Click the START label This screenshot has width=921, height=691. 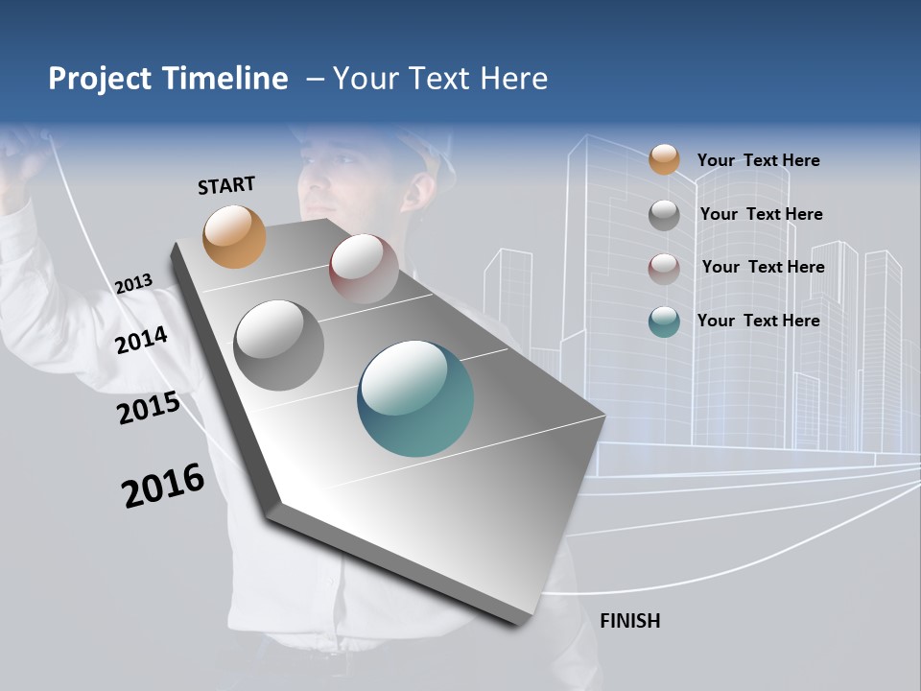click(226, 185)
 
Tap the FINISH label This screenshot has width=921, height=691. click(629, 621)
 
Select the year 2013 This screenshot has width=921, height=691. click(133, 283)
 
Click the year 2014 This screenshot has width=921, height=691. click(141, 340)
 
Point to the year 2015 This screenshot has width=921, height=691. click(148, 408)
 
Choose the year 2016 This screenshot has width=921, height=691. click(163, 486)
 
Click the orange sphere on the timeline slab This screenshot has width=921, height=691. click(234, 236)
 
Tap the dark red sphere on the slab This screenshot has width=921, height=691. click(364, 268)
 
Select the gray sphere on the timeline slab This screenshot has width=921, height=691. click(278, 345)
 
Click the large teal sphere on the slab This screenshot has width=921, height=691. click(415, 398)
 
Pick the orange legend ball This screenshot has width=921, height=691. click(664, 160)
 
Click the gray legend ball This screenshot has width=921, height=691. click(664, 214)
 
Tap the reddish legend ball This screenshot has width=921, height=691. click(664, 268)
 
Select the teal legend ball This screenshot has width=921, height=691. click(664, 322)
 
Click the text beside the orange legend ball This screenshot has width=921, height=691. click(758, 160)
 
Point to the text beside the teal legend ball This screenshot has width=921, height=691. click(758, 321)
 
